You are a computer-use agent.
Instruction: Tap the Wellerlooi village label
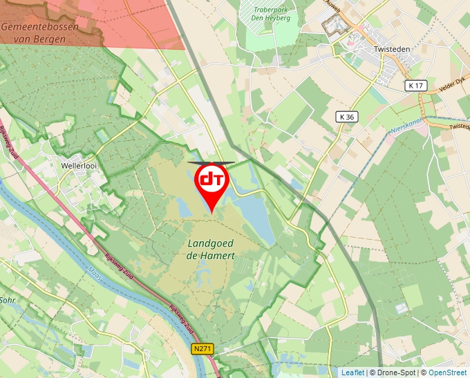[77, 166]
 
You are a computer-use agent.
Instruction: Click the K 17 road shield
[415, 86]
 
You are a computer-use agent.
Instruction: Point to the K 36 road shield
[347, 117]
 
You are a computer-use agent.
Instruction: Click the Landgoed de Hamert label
[211, 249]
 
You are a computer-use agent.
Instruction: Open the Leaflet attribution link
[352, 372]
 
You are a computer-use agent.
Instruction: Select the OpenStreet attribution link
[448, 372]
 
